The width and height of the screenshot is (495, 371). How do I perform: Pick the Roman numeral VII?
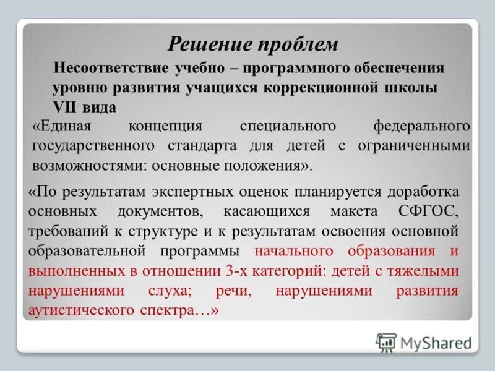[x=66, y=107]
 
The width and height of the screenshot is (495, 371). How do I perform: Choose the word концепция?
[x=165, y=126]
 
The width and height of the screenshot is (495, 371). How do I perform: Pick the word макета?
[x=354, y=211]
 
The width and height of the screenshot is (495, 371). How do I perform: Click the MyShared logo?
[x=424, y=342]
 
